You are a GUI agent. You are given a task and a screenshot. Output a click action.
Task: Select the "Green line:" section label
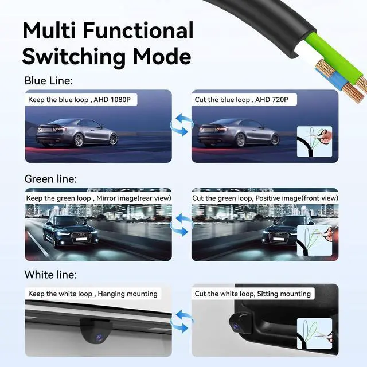pos(50,179)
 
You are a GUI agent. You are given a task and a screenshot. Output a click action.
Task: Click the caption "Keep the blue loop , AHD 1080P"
pos(80,100)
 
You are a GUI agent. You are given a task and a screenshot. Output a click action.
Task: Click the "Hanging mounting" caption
pos(92,294)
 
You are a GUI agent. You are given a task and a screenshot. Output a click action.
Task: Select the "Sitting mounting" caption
pos(253,294)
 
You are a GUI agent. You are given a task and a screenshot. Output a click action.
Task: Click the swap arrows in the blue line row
pos(182,124)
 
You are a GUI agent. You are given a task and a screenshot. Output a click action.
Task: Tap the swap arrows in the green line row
pos(182,224)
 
